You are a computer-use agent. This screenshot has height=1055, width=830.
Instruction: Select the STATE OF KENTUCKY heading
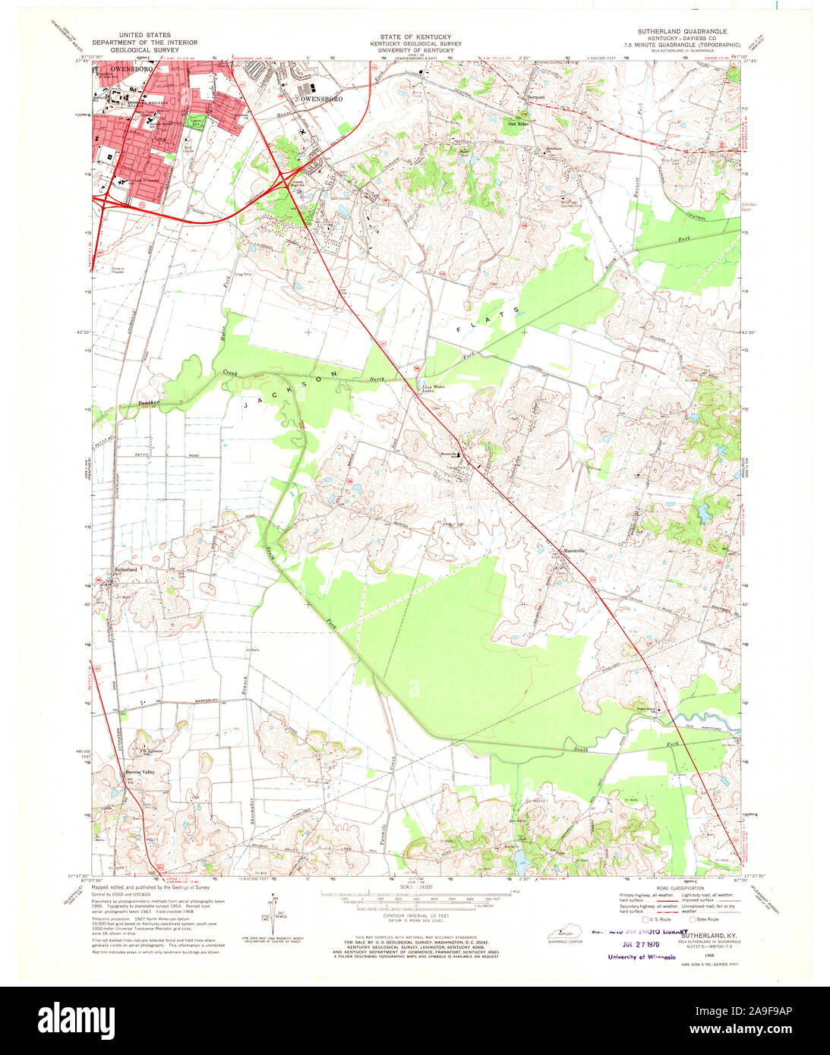tap(415, 37)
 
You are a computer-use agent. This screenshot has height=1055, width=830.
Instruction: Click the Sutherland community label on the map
tap(126, 569)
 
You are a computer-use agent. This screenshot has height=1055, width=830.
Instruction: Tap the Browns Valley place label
tap(140, 773)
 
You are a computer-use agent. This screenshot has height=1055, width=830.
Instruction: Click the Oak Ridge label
tap(518, 124)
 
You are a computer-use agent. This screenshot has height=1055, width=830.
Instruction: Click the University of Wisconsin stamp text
tap(641, 957)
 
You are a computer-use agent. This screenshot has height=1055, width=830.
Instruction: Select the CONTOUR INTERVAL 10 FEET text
tap(415, 917)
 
